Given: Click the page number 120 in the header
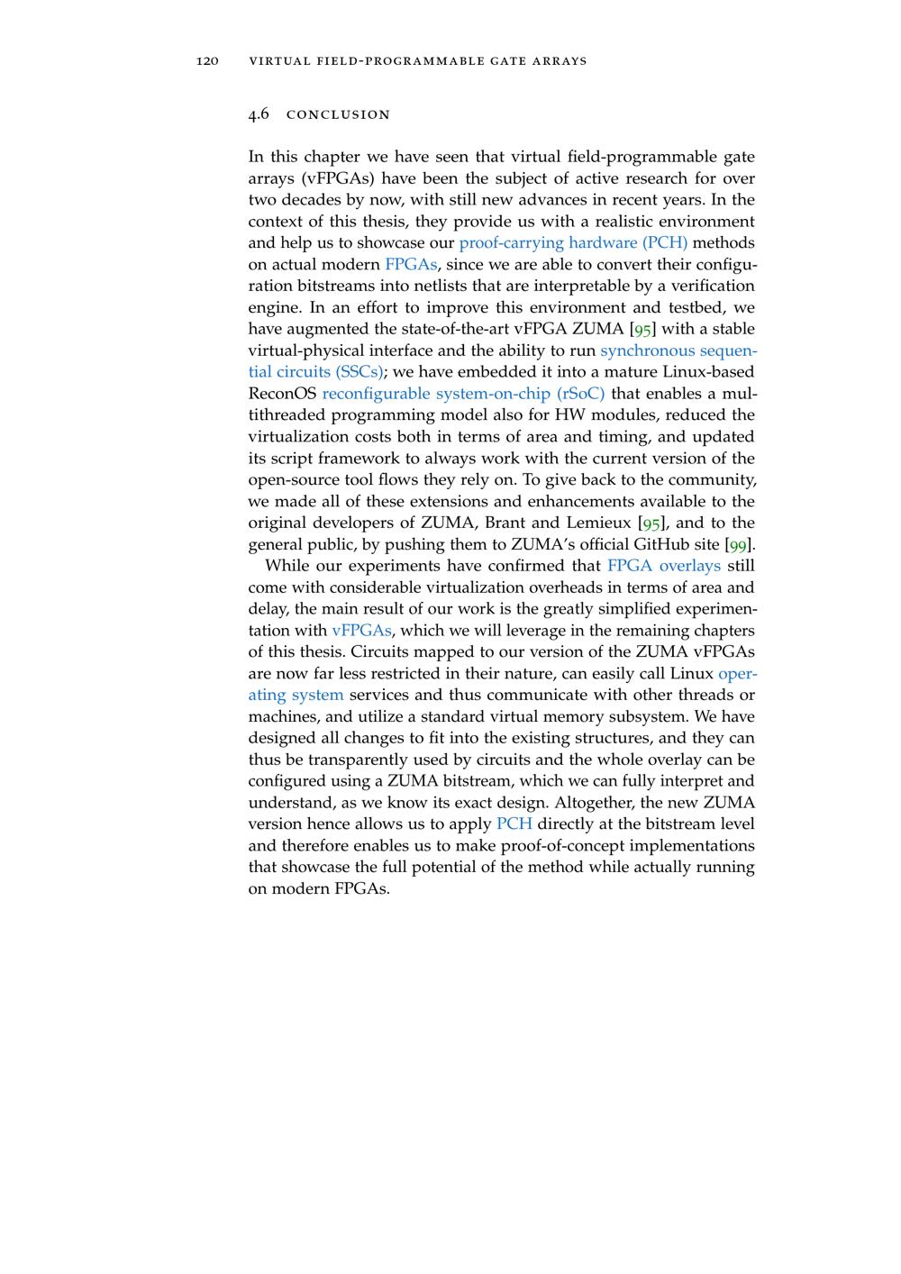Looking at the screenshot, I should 207,61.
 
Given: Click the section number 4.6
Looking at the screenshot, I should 259,114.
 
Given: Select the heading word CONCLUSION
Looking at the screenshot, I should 338,115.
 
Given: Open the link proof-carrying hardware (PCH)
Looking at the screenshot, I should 573,242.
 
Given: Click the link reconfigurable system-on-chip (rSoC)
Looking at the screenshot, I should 463,394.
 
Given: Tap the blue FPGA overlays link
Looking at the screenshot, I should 664,566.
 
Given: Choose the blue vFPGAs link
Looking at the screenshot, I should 361,631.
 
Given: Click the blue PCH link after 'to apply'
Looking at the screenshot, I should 514,824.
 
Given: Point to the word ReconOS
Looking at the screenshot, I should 282,394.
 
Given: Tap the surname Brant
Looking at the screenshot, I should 505,523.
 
